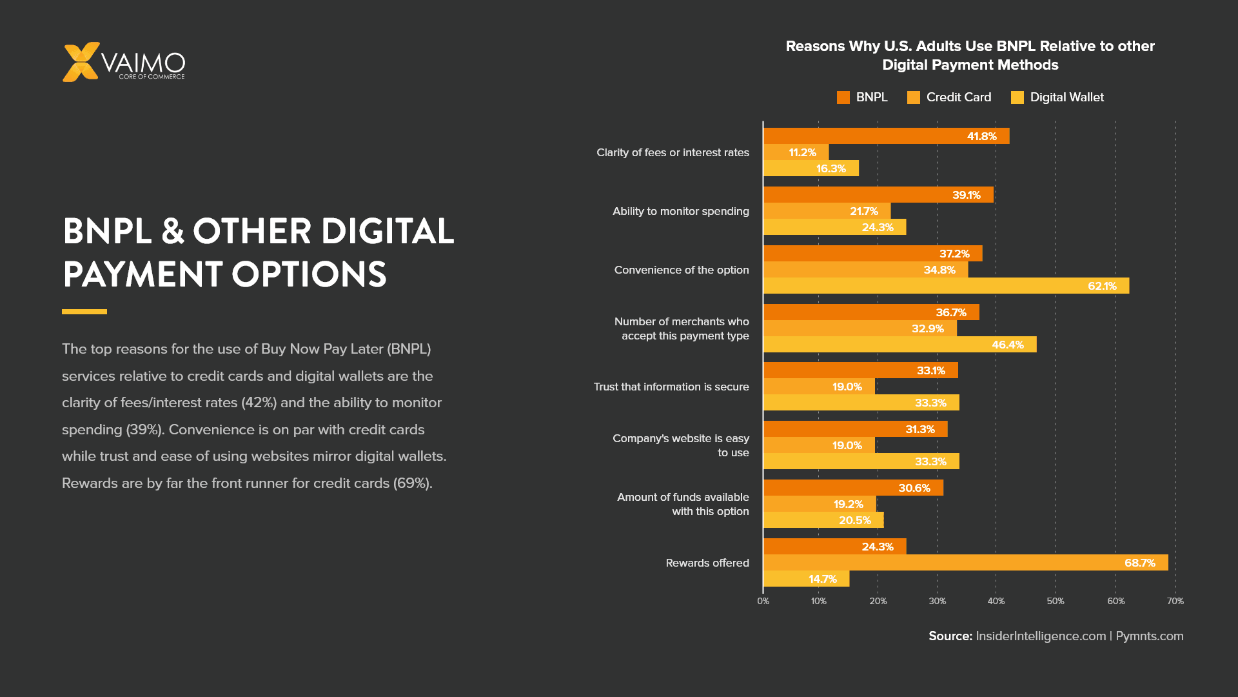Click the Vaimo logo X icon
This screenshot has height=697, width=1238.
pos(81,62)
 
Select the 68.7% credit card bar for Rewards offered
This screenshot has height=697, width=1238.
pos(965,563)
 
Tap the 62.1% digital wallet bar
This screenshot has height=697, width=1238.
pos(946,286)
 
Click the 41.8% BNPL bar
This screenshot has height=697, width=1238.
pos(886,136)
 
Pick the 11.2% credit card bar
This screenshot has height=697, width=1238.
pos(796,152)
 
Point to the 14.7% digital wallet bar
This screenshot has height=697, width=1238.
pos(806,579)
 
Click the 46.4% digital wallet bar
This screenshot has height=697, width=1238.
pos(899,345)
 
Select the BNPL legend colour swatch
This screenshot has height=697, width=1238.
pos(843,97)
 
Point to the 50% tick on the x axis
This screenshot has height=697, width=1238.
pos(1056,601)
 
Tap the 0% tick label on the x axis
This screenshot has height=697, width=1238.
pos(763,601)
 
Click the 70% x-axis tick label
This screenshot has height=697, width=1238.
pos(1175,601)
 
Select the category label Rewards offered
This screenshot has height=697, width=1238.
pos(707,563)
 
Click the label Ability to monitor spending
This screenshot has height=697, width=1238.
pos(681,211)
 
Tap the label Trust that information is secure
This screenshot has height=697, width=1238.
pos(671,387)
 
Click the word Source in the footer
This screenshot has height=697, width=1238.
pos(950,636)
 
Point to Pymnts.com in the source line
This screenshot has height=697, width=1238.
pos(1150,636)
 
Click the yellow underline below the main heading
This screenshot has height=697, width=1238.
pos(84,312)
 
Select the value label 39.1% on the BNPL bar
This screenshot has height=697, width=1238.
pos(967,195)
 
